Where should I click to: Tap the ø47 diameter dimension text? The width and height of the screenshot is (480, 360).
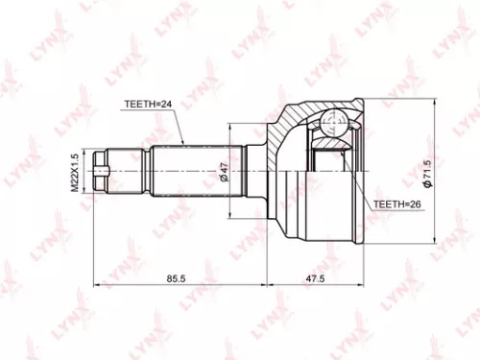223,171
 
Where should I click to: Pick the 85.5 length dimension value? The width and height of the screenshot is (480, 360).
176,278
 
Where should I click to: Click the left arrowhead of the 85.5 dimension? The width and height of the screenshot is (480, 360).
95,285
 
